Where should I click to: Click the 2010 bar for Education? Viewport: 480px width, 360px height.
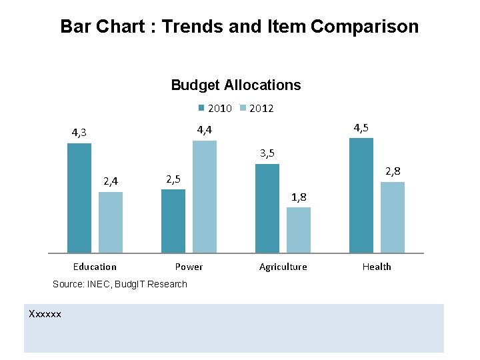[79, 198]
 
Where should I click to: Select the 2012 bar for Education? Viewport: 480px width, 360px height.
[111, 222]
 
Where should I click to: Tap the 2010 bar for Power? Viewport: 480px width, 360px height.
[173, 221]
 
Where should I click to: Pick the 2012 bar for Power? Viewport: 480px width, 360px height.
[205, 197]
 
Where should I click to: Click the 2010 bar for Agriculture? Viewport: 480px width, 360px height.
[267, 208]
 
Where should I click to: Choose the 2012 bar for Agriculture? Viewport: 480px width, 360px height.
[299, 230]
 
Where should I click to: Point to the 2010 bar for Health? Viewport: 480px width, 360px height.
[361, 195]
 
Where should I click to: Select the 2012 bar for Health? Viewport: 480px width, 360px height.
[393, 217]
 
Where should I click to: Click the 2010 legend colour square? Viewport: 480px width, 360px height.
[201, 108]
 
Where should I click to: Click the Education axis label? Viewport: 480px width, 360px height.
[95, 267]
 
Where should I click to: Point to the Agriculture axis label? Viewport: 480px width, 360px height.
[283, 267]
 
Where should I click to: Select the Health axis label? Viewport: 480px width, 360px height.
[377, 267]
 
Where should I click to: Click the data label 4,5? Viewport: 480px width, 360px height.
[361, 127]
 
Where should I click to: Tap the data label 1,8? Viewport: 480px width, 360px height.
[299, 197]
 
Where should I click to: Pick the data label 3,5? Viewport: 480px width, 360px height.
[267, 153]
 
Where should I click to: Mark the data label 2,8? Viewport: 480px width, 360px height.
[393, 171]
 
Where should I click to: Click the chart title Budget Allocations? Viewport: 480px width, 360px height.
[236, 85]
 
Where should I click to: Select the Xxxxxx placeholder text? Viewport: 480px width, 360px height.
[45, 313]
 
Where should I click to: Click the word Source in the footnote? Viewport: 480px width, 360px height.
[67, 284]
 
